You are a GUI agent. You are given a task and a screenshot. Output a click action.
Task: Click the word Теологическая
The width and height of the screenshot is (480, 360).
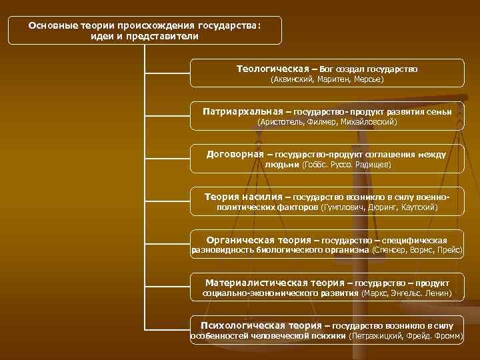point(272,69)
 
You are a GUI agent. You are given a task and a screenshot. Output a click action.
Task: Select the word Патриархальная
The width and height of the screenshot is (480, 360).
point(242,111)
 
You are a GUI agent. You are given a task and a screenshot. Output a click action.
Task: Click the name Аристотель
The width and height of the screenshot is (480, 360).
point(279,123)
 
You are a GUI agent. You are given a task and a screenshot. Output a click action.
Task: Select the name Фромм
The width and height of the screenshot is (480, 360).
point(447,336)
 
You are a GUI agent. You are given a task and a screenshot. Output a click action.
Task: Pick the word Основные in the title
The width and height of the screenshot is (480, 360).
point(52,25)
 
